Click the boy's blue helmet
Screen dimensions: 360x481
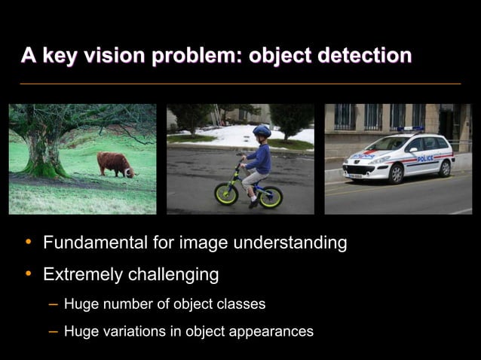(262, 133)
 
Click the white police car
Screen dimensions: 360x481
(397, 158)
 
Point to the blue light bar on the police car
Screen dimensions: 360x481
(411, 130)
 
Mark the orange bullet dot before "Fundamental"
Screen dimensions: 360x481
(28, 243)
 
